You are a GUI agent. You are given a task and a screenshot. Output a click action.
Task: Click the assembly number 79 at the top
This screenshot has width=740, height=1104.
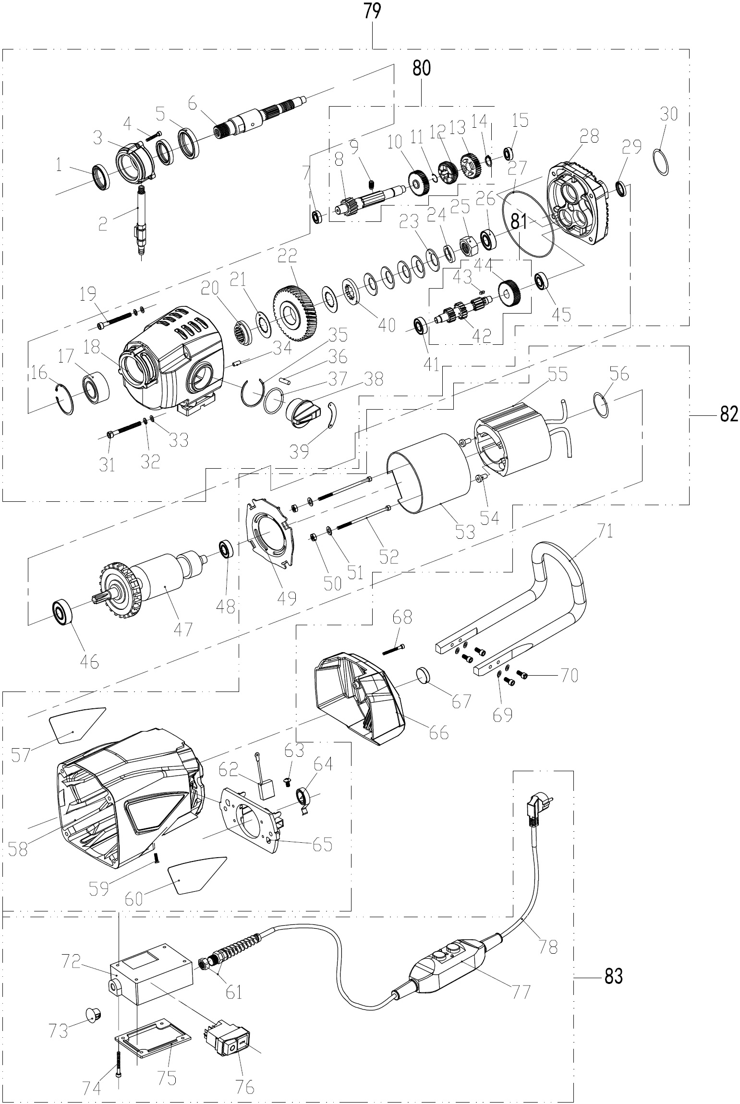click(x=372, y=11)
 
